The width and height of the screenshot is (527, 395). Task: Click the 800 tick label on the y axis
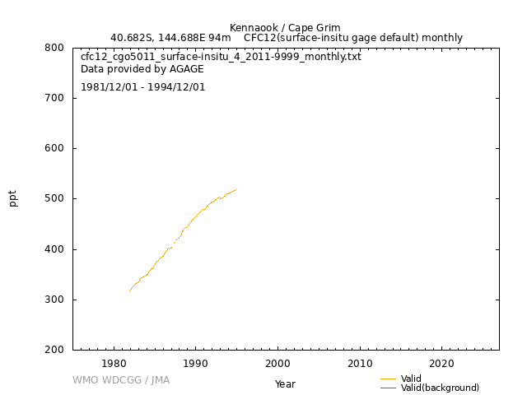[54, 48]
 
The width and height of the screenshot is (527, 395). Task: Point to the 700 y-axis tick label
[54, 98]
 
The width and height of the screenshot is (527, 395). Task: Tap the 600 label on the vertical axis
[54, 148]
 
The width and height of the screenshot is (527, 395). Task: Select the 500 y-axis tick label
[54, 198]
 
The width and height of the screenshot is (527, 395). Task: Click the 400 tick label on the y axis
[54, 249]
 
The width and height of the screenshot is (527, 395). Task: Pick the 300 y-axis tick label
[54, 300]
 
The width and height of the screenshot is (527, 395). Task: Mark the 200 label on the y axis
[54, 350]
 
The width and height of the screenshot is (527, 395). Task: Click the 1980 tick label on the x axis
[114, 364]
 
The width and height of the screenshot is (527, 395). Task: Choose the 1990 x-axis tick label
[195, 364]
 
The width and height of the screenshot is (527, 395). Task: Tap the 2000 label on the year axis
[277, 364]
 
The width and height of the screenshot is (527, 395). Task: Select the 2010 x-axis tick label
[360, 364]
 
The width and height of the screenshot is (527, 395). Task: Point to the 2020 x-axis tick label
[441, 364]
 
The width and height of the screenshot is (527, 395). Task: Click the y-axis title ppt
[13, 198]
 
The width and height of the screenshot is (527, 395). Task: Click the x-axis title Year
[285, 384]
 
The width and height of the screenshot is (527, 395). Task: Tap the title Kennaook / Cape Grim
[285, 27]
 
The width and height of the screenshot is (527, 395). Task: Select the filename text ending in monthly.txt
[221, 57]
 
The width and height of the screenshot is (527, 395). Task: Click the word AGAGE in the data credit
[187, 69]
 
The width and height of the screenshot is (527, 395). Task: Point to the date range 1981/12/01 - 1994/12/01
[142, 87]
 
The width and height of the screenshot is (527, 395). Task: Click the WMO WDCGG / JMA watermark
[121, 380]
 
